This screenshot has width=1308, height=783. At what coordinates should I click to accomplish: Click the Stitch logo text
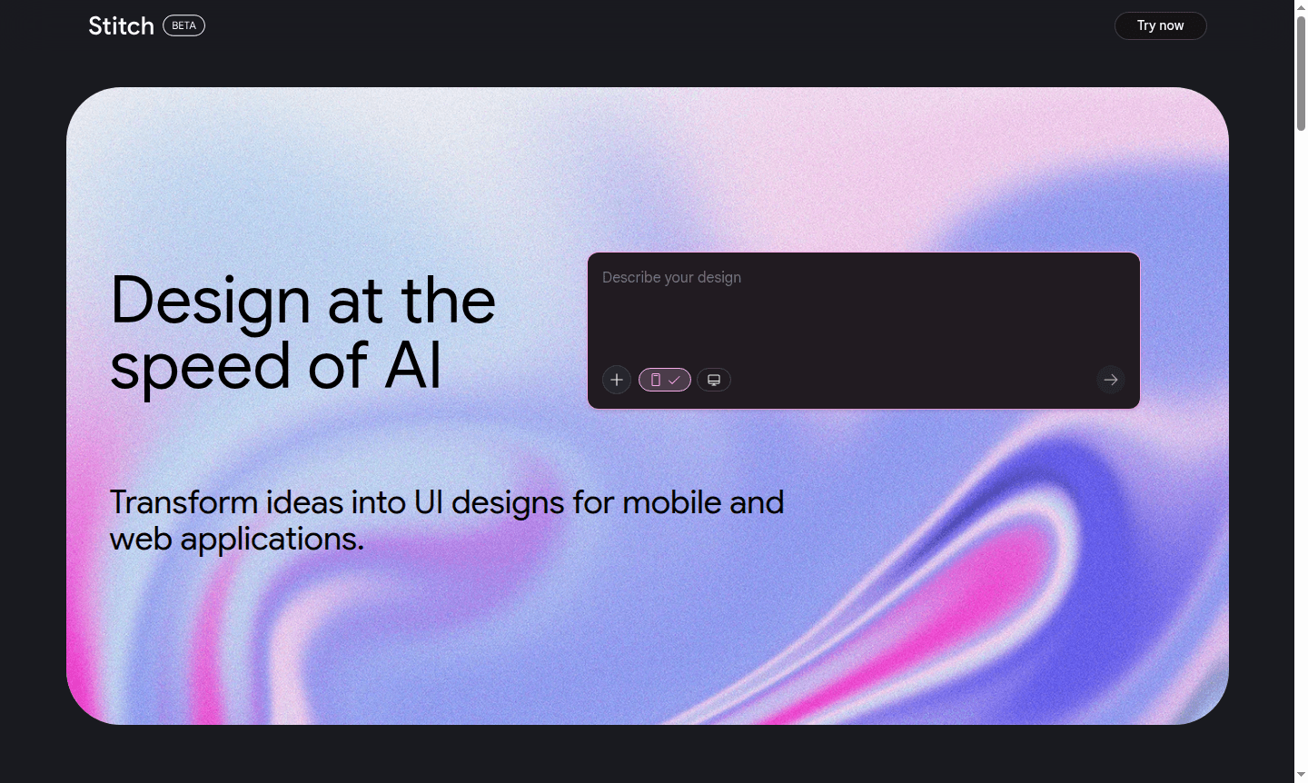coord(121,26)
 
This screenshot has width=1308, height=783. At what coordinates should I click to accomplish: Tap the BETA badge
coord(183,25)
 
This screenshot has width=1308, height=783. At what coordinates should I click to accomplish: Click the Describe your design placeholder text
coord(671,277)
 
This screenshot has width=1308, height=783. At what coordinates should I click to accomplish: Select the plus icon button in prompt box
coord(617,380)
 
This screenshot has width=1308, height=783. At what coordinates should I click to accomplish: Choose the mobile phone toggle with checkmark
coord(665,380)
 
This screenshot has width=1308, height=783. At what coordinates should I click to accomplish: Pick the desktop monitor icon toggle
coord(714,380)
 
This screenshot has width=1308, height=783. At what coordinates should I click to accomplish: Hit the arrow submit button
coord(1110,380)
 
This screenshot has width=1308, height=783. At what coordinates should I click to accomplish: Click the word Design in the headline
coord(211,302)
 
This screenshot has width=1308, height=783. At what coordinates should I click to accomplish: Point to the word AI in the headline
coord(413,366)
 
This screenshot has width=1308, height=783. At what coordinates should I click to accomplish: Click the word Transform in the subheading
coord(183,502)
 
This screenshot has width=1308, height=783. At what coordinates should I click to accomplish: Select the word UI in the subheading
coord(428,502)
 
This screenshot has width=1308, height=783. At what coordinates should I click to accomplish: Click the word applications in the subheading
coord(272,540)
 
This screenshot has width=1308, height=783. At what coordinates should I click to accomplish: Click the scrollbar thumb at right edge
coord(1301,73)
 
